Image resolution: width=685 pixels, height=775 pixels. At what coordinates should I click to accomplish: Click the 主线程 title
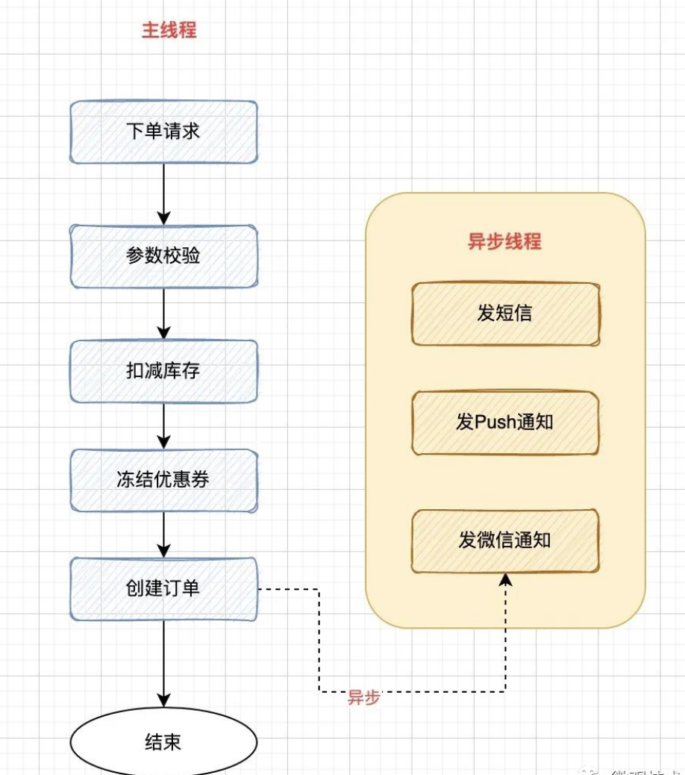tap(169, 31)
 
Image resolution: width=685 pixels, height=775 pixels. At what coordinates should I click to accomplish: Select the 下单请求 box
tap(163, 132)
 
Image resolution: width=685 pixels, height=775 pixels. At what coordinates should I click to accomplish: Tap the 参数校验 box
tap(163, 256)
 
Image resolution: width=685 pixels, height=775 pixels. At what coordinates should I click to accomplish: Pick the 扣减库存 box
tap(163, 371)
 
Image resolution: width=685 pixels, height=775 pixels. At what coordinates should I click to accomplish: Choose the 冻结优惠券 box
tap(163, 480)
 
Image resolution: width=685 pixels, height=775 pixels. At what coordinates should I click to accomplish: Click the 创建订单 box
tap(163, 588)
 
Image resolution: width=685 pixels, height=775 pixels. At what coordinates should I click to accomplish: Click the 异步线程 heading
tap(504, 241)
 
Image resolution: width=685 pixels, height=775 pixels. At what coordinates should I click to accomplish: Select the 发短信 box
tap(505, 313)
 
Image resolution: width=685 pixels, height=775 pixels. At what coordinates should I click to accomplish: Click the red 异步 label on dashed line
tap(364, 698)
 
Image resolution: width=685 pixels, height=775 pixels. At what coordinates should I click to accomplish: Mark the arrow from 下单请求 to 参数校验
tap(164, 193)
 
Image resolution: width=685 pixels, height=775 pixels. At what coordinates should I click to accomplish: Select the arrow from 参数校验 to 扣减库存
tap(164, 314)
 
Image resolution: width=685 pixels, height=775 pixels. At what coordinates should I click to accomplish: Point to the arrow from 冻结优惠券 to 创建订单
tap(164, 534)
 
